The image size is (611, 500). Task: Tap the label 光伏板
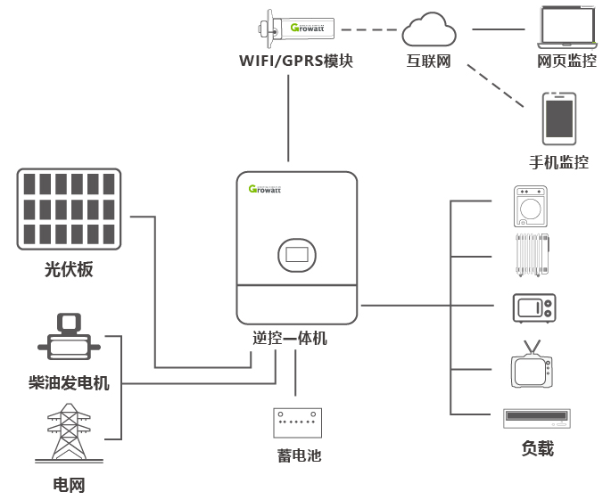click(69, 269)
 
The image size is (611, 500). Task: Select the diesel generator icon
click(68, 336)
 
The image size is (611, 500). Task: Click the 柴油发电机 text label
click(69, 383)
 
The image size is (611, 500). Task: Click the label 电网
click(69, 485)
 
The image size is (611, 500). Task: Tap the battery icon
click(298, 423)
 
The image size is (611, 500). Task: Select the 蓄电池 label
click(298, 455)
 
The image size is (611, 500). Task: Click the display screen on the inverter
click(297, 255)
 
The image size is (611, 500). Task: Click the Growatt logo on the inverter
click(265, 189)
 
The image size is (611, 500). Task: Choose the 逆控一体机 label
click(290, 339)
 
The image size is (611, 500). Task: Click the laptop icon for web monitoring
click(566, 29)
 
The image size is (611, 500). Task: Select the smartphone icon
click(559, 119)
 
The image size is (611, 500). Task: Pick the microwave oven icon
click(533, 307)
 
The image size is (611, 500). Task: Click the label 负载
click(537, 447)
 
